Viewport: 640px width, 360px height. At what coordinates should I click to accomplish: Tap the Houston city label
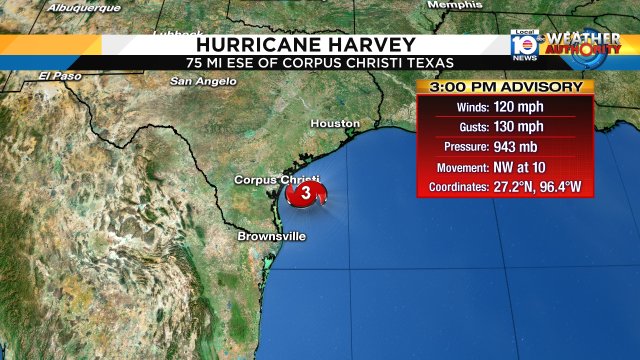click(x=335, y=123)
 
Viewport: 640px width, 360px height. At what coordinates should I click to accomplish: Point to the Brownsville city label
click(x=271, y=237)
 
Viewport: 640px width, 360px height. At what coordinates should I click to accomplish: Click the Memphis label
click(x=454, y=5)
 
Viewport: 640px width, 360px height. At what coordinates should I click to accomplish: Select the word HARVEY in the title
click(x=359, y=44)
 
